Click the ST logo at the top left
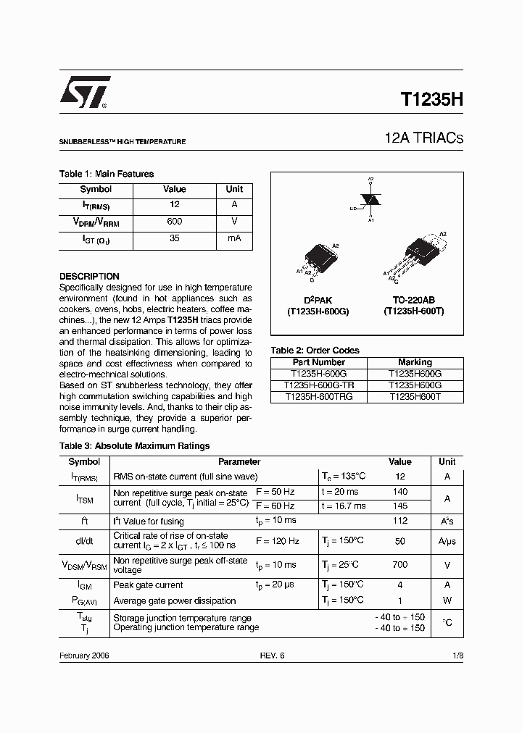pyautogui.click(x=85, y=92)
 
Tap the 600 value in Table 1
pyautogui.click(x=174, y=222)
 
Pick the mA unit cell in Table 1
pyautogui.click(x=234, y=238)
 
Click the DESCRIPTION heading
pyautogui.click(x=89, y=276)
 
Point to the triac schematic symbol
pyautogui.click(x=370, y=199)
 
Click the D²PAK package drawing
pyautogui.click(x=318, y=258)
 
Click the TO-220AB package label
pyautogui.click(x=415, y=299)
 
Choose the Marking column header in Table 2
pyautogui.click(x=415, y=362)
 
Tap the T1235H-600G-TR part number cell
pyautogui.click(x=319, y=385)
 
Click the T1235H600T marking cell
pyautogui.click(x=415, y=397)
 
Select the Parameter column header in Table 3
pyautogui.click(x=239, y=461)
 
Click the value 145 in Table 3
pyautogui.click(x=399, y=506)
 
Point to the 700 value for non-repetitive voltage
pyautogui.click(x=399, y=565)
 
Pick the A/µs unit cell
pyautogui.click(x=447, y=541)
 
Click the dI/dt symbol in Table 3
pyautogui.click(x=84, y=541)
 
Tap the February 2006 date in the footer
pyautogui.click(x=84, y=655)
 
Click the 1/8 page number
pyautogui.click(x=457, y=655)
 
